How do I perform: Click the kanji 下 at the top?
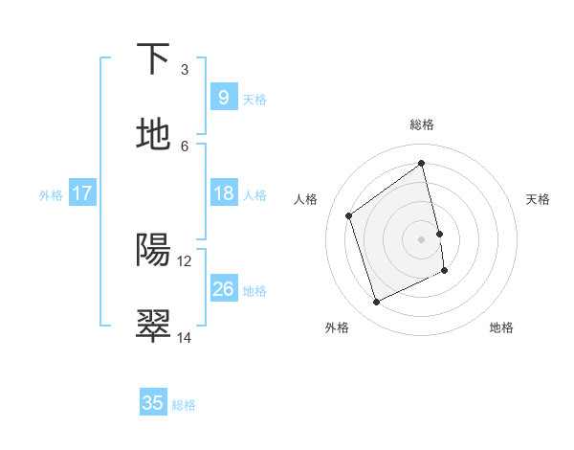coord(153,59)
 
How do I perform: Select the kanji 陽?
coord(153,250)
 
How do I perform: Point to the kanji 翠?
coord(153,326)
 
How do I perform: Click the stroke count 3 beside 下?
coord(185,70)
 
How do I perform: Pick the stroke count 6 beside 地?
coord(185,146)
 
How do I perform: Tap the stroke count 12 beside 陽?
coord(185,260)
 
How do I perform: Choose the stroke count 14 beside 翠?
coord(185,337)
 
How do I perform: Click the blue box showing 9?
coord(223,97)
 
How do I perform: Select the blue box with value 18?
coord(223,193)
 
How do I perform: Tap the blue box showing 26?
coord(223,289)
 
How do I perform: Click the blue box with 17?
coord(82,193)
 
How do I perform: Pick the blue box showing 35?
coord(153,403)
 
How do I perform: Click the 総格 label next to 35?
coord(184,405)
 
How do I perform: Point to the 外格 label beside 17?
coord(51,195)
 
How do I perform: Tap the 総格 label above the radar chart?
coord(422,124)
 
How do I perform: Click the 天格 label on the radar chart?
coord(539,199)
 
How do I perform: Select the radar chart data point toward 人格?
coord(349,215)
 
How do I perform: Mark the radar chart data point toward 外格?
coord(376,303)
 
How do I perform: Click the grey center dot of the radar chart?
coord(421,238)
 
